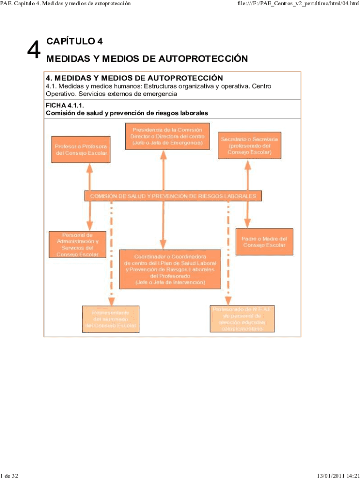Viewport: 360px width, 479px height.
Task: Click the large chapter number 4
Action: pyautogui.click(x=33, y=50)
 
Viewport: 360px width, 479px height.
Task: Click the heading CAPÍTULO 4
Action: pyautogui.click(x=74, y=41)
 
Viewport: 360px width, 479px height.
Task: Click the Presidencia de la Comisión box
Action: pyautogui.click(x=167, y=136)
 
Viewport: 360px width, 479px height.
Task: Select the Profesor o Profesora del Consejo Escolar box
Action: pyautogui.click(x=82, y=149)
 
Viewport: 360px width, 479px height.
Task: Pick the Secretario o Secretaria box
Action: pyautogui.click(x=250, y=145)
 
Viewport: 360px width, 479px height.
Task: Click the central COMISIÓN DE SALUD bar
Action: pyautogui.click(x=173, y=196)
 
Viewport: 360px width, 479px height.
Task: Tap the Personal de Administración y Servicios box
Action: pyautogui.click(x=77, y=244)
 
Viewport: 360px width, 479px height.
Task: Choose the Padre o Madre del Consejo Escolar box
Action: pyautogui.click(x=264, y=242)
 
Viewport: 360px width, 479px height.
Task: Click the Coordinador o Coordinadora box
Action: pyautogui.click(x=163, y=269)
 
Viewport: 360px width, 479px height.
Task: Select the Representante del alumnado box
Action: pyautogui.click(x=111, y=319)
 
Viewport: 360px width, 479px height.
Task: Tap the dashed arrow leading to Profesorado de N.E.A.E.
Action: pyautogui.click(x=228, y=253)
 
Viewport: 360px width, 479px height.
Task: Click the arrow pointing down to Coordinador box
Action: pyautogui.click(x=163, y=225)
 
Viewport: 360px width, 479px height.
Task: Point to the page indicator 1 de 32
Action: pyautogui.click(x=10, y=476)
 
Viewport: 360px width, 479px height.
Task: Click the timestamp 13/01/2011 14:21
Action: pyautogui.click(x=338, y=476)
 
